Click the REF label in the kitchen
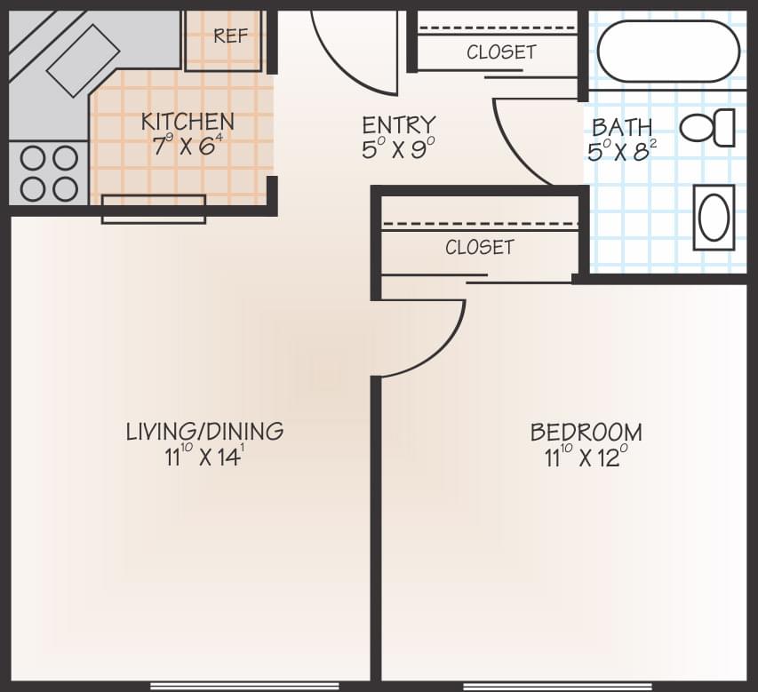[228, 36]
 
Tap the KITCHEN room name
[188, 122]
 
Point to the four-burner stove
[49, 172]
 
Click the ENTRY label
[399, 124]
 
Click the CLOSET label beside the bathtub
[501, 52]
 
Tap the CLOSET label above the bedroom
[480, 247]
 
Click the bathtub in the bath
[668, 52]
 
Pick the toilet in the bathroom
[709, 128]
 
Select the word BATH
[622, 127]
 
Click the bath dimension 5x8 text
[621, 150]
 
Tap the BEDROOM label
[586, 433]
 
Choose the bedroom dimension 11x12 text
[586, 457]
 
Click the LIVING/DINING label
[204, 432]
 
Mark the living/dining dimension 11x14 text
[203, 457]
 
